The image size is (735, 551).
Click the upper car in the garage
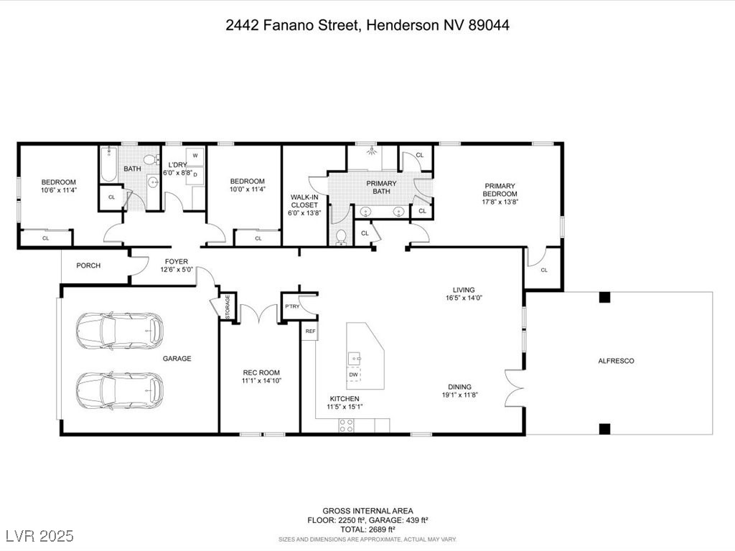(x=119, y=331)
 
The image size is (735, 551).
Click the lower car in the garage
(x=119, y=390)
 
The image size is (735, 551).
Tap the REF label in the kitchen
(x=310, y=331)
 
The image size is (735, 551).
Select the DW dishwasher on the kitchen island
(x=353, y=375)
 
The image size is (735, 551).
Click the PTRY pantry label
(x=291, y=306)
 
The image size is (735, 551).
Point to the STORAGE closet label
(x=227, y=306)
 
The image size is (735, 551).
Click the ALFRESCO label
(x=616, y=362)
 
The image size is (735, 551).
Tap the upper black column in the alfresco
(x=604, y=297)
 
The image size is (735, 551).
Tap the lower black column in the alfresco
(x=604, y=428)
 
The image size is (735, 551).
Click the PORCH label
(x=88, y=265)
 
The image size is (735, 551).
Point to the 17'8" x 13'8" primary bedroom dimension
(x=500, y=203)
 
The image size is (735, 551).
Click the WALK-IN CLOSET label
(x=304, y=204)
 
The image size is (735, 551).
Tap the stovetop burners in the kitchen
(x=346, y=425)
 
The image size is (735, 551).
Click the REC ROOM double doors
(x=258, y=312)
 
